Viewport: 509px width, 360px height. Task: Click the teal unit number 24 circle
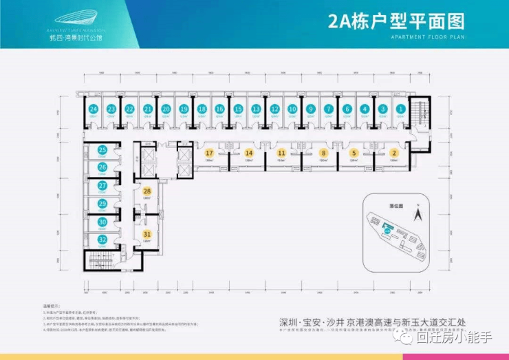93,109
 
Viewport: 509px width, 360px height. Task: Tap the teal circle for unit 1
400,109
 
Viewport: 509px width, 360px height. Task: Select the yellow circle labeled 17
208,153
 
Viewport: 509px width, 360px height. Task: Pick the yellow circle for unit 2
394,153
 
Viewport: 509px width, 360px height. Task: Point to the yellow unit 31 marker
147,234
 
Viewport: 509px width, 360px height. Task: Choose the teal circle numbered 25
102,150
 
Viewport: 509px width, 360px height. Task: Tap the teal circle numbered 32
102,240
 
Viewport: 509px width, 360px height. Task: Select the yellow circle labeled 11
281,153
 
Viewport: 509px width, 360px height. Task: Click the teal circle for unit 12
274,109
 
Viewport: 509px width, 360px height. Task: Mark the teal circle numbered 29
102,204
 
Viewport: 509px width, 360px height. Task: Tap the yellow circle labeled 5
354,153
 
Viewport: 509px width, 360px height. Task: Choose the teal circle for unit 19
183,109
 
